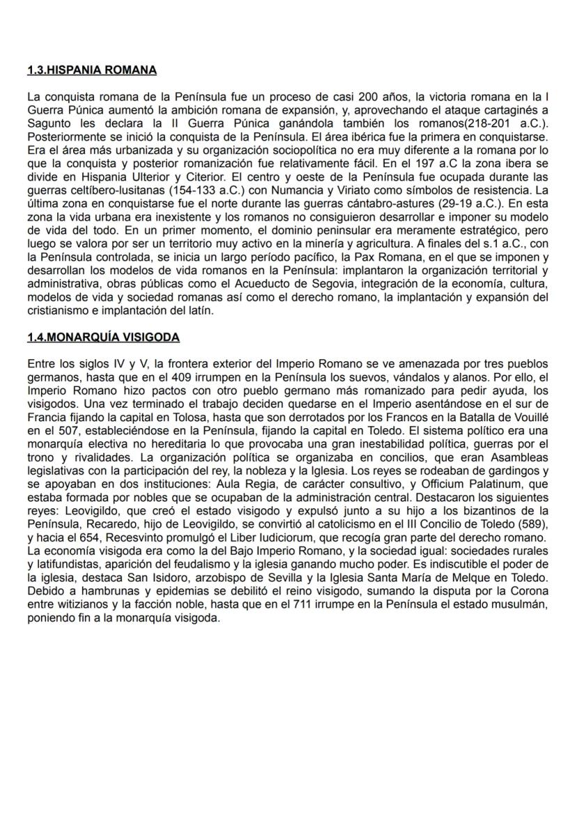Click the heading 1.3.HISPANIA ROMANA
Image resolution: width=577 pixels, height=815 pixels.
pyautogui.click(x=92, y=70)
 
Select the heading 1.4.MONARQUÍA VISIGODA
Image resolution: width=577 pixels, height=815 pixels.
pyautogui.click(x=103, y=337)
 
